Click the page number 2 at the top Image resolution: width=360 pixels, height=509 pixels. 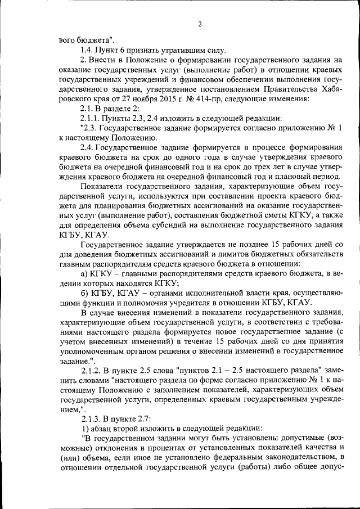click(x=200, y=24)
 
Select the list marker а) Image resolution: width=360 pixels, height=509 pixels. click(x=85, y=274)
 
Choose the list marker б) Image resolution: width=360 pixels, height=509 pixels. click(x=85, y=293)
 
